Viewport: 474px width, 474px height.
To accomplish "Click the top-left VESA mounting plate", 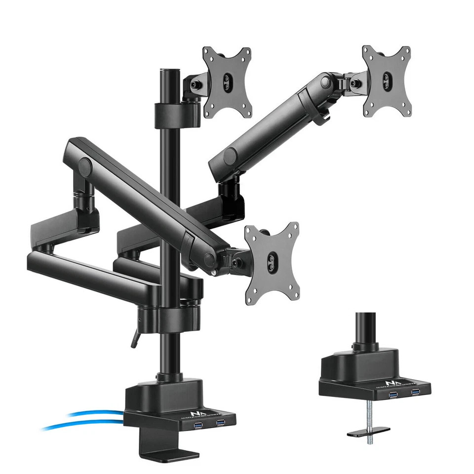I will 227,81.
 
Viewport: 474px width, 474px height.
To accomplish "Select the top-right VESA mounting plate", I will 387,81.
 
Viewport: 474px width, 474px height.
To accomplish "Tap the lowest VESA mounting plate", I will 271,261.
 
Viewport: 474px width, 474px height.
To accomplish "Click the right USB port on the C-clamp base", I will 221,422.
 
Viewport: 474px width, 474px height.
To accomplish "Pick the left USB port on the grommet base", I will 394,394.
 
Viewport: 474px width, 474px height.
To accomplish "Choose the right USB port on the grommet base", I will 415,392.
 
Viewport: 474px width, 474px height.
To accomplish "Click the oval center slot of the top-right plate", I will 387,81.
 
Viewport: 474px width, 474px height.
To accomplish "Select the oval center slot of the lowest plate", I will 271,261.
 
